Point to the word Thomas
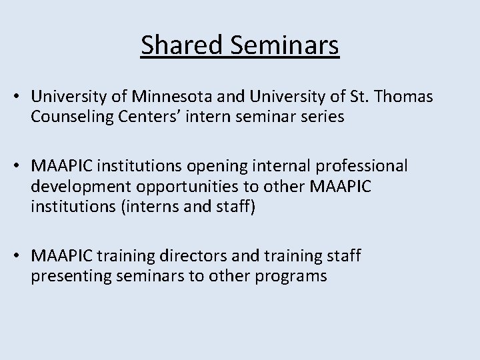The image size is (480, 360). click(x=407, y=98)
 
